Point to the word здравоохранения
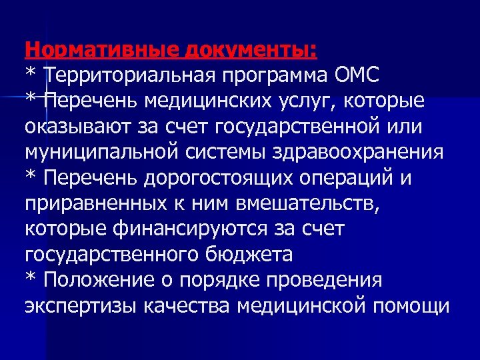tap(359, 152)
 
